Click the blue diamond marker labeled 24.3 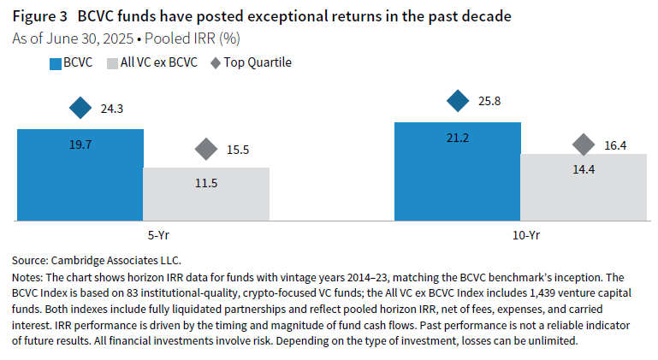(x=80, y=109)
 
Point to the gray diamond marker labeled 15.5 (x=205, y=149)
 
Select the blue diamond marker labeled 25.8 (x=458, y=101)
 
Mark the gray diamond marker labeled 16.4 (x=584, y=145)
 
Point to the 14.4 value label (x=583, y=168)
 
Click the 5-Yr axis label (x=143, y=235)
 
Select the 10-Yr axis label (x=520, y=235)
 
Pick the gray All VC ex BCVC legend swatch (x=111, y=62)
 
